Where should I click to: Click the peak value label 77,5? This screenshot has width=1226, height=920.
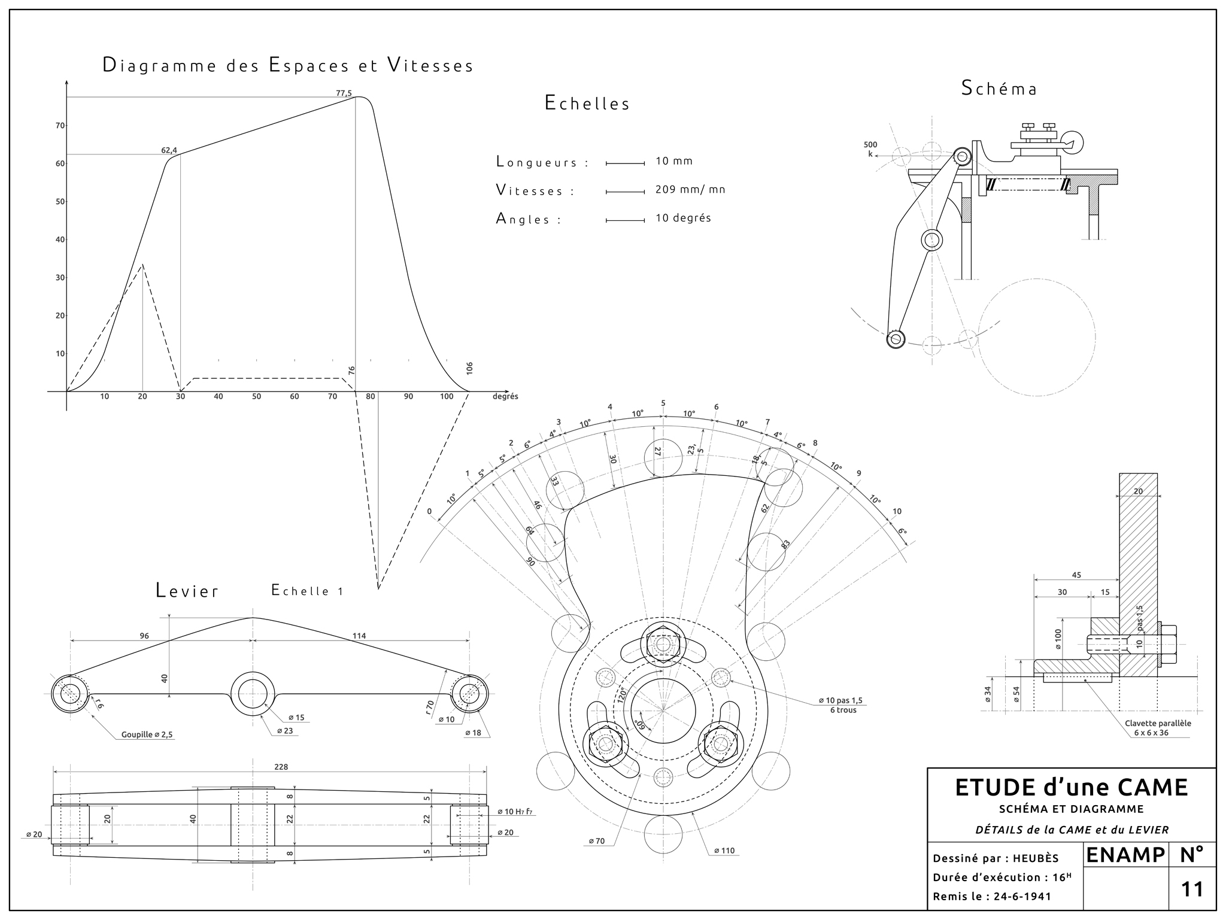(344, 93)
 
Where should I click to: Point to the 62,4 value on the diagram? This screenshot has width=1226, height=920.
(169, 150)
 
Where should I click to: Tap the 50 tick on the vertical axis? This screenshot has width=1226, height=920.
(60, 202)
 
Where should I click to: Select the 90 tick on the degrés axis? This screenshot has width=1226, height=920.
(408, 396)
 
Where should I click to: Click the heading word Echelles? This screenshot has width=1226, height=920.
(587, 104)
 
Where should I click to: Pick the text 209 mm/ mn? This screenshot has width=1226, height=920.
(690, 190)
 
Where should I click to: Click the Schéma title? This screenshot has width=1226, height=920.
(999, 89)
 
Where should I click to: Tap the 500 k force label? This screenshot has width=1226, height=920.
(870, 149)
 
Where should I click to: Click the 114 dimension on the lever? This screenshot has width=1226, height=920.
(359, 636)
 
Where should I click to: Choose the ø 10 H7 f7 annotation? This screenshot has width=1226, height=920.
(515, 812)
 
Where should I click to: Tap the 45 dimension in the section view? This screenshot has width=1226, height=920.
(1076, 575)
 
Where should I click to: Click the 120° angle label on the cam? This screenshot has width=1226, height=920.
(622, 694)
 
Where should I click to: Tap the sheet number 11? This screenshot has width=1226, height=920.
(1192, 889)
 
